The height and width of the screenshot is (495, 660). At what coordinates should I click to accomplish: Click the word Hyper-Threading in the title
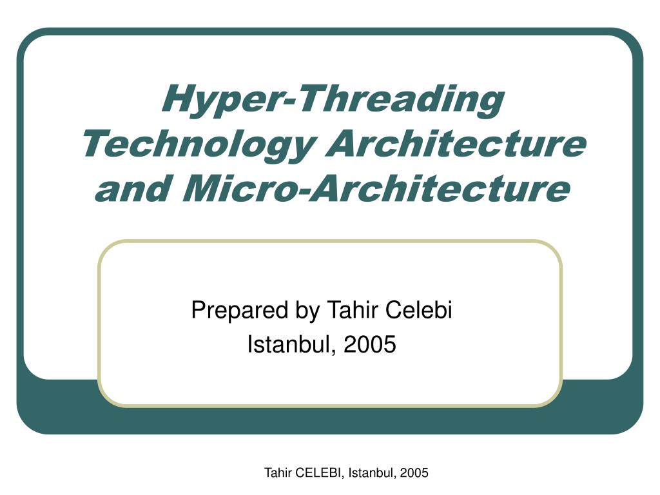333,100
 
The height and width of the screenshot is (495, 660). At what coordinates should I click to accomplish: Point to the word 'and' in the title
133,188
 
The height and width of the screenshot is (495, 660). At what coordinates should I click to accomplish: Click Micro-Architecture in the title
376,188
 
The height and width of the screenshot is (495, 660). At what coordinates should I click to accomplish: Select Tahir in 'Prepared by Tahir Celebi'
351,310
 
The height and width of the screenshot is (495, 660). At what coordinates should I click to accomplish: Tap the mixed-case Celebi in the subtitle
418,310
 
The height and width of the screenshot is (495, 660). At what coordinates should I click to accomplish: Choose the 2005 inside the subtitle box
370,344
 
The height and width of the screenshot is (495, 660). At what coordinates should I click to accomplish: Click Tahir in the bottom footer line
278,472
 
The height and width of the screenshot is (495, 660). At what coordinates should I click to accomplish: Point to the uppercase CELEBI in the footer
318,473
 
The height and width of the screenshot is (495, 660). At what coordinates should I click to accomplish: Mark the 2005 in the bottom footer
414,472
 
